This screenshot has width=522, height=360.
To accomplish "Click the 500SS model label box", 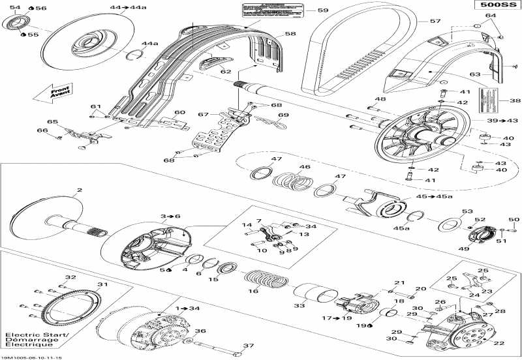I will pos(496,6).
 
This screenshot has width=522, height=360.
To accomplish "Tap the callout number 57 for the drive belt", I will pos(435,22).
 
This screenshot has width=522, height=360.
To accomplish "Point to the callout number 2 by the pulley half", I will pos(79,190).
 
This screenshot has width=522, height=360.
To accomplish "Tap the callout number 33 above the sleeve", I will pos(299,305).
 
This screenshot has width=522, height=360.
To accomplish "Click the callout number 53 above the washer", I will pos(466,212).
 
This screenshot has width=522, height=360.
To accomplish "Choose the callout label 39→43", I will pos(498,121).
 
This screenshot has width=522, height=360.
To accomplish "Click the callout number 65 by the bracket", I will pos(52,121).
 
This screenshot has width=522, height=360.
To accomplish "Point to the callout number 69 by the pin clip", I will pos(283,115).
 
